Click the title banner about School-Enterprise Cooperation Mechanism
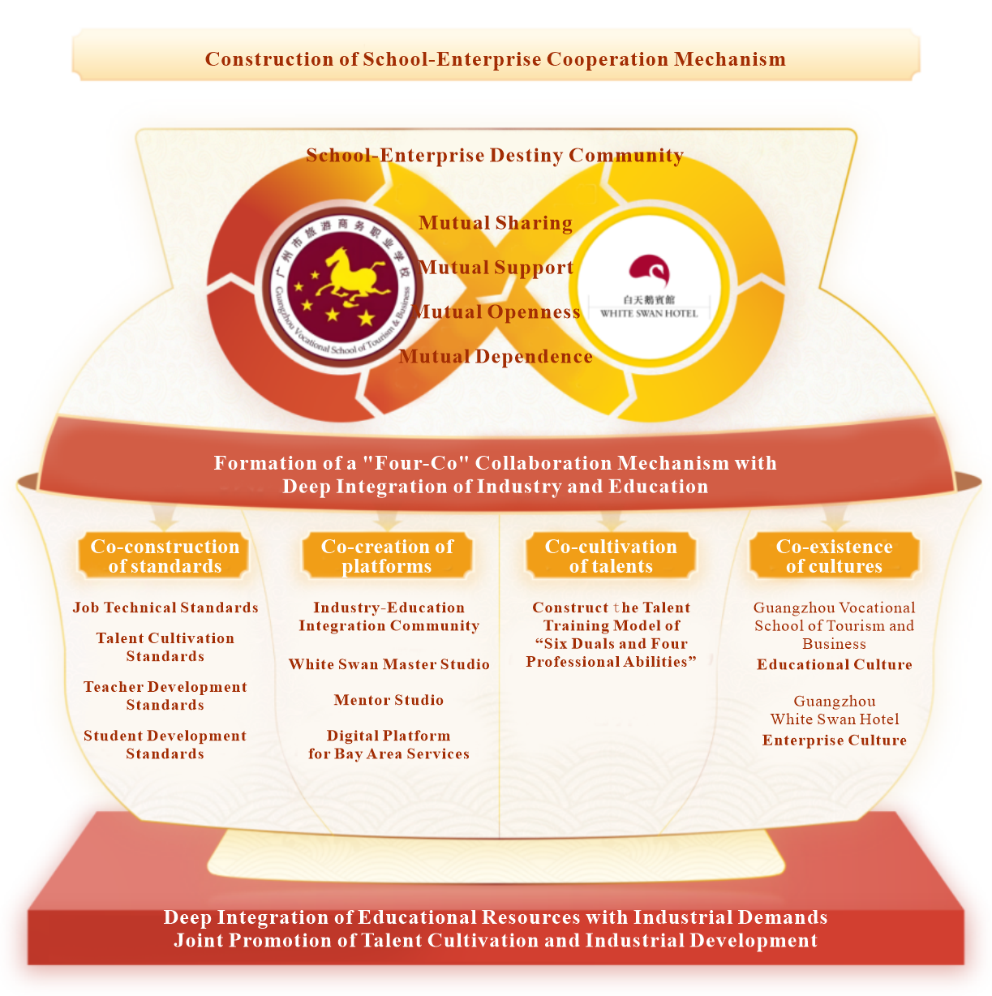tap(496, 55)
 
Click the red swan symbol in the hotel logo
tap(649, 270)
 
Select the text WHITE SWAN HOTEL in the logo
tap(649, 313)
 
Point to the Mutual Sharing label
tap(496, 223)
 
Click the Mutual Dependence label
tap(496, 356)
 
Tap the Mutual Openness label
tap(496, 311)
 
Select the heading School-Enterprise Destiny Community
tap(495, 155)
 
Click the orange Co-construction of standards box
tap(165, 556)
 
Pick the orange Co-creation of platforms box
tap(387, 556)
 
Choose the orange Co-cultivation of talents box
tap(611, 556)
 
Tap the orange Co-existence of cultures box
tap(834, 556)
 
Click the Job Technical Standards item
tap(165, 607)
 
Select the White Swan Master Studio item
tap(389, 664)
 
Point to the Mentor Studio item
tap(389, 700)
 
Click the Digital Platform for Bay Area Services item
tap(389, 745)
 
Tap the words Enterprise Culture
tap(835, 741)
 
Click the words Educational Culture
tap(835, 664)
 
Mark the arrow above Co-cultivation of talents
tap(611, 519)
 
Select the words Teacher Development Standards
tap(165, 696)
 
